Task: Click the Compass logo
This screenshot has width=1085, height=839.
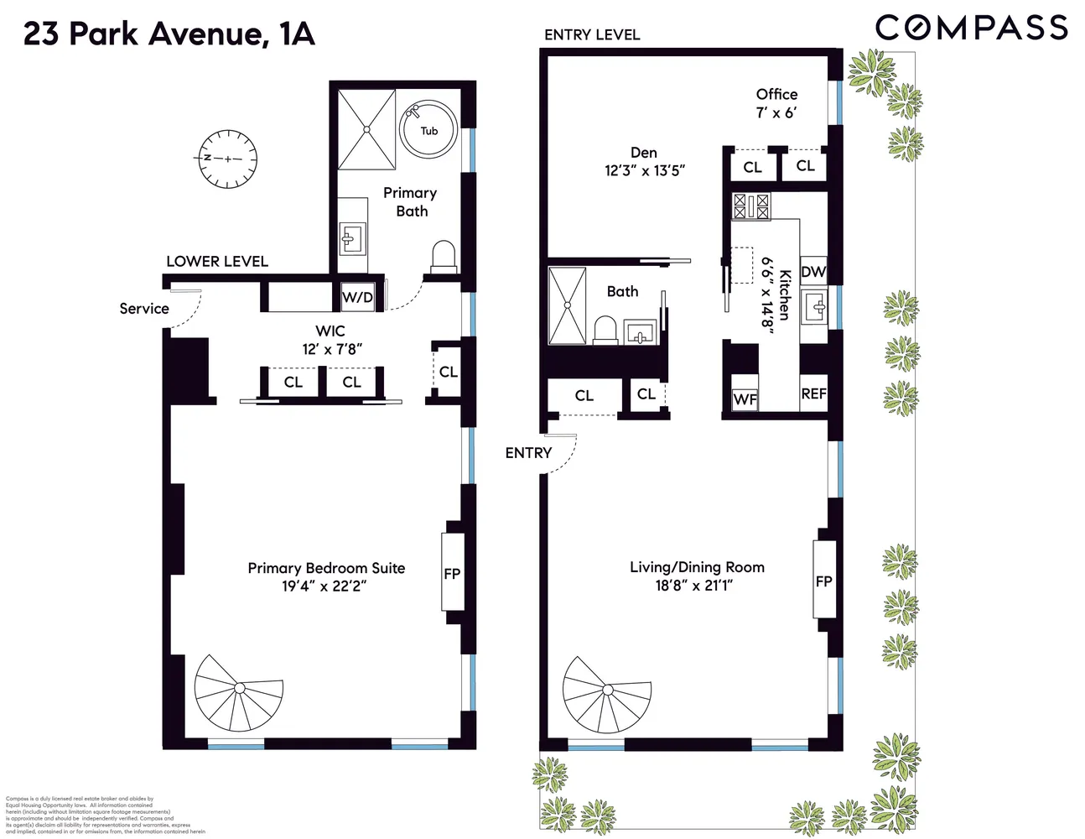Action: pyautogui.click(x=971, y=28)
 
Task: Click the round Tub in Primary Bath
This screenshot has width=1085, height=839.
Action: pyautogui.click(x=428, y=128)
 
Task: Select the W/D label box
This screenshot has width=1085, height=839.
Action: pyautogui.click(x=358, y=297)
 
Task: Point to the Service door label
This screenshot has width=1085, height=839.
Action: pyautogui.click(x=144, y=309)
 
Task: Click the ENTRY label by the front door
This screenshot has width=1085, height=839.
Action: pyautogui.click(x=528, y=453)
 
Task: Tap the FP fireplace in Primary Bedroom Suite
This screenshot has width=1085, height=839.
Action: pyautogui.click(x=453, y=574)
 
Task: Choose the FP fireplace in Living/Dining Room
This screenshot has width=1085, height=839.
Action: pyautogui.click(x=823, y=581)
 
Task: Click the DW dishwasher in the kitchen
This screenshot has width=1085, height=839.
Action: pyautogui.click(x=812, y=272)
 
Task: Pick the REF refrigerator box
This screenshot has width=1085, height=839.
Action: pyautogui.click(x=813, y=393)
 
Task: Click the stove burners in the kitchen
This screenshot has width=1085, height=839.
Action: pyautogui.click(x=751, y=206)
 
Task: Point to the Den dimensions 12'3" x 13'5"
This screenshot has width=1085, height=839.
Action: pyautogui.click(x=645, y=170)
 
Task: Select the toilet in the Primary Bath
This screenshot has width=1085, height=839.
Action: pyautogui.click(x=443, y=257)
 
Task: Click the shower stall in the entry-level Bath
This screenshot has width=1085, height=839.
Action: pyautogui.click(x=568, y=305)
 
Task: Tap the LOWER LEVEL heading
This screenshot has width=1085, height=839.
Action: pyautogui.click(x=217, y=261)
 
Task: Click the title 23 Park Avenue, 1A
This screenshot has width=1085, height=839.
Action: pyautogui.click(x=169, y=34)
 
